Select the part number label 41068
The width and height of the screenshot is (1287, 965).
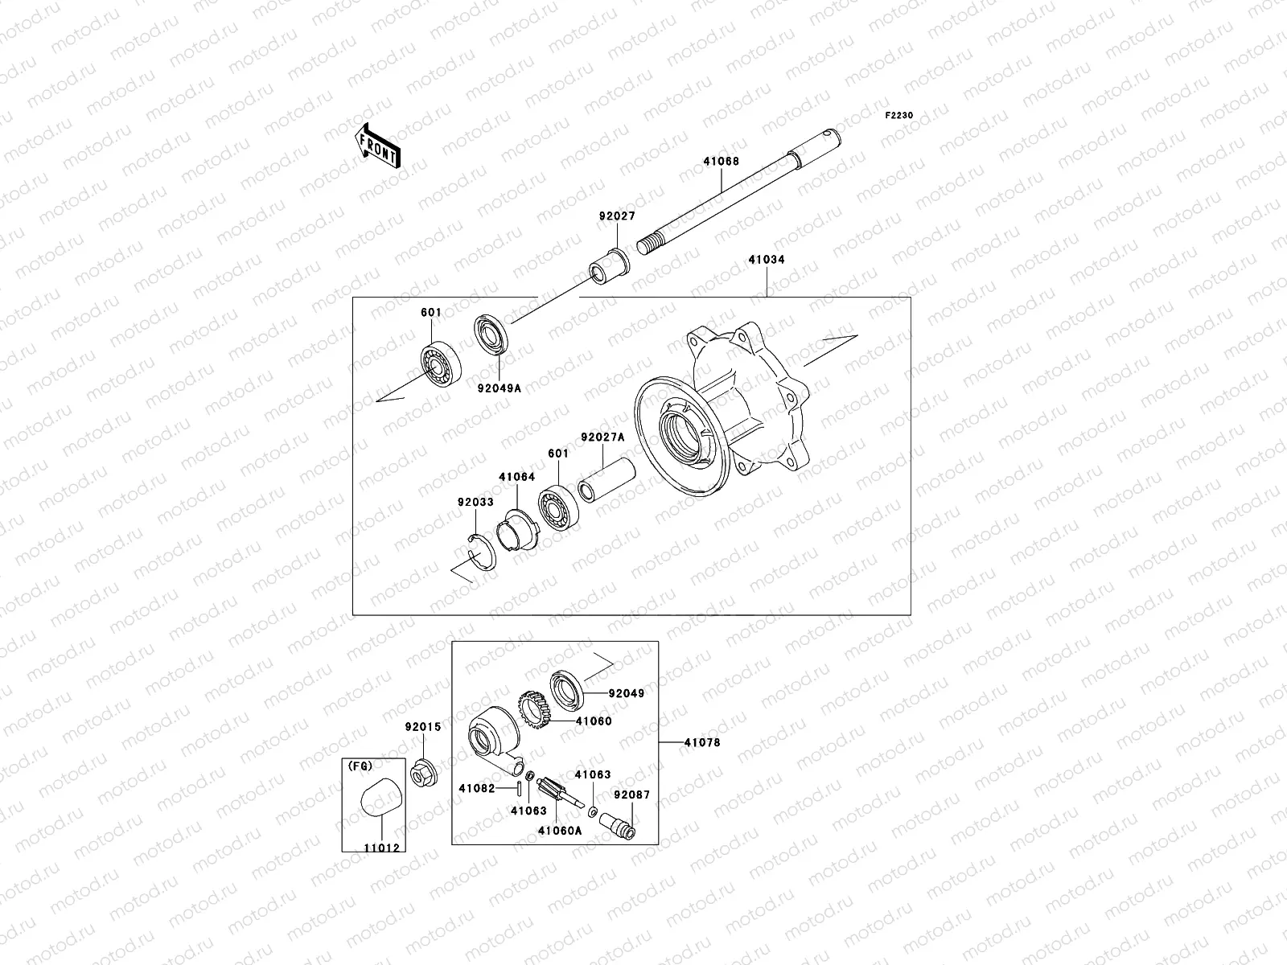click(721, 161)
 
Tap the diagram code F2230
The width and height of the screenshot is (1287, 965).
click(899, 116)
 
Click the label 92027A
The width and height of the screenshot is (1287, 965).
click(602, 437)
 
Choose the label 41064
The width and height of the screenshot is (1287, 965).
click(516, 477)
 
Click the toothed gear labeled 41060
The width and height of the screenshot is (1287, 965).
click(534, 710)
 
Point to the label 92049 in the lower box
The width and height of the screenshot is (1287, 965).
click(627, 692)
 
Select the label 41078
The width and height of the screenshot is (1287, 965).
click(702, 742)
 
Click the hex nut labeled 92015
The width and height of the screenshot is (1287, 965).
click(421, 774)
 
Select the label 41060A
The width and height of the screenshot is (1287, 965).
click(560, 831)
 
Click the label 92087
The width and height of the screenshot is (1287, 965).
click(631, 794)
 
